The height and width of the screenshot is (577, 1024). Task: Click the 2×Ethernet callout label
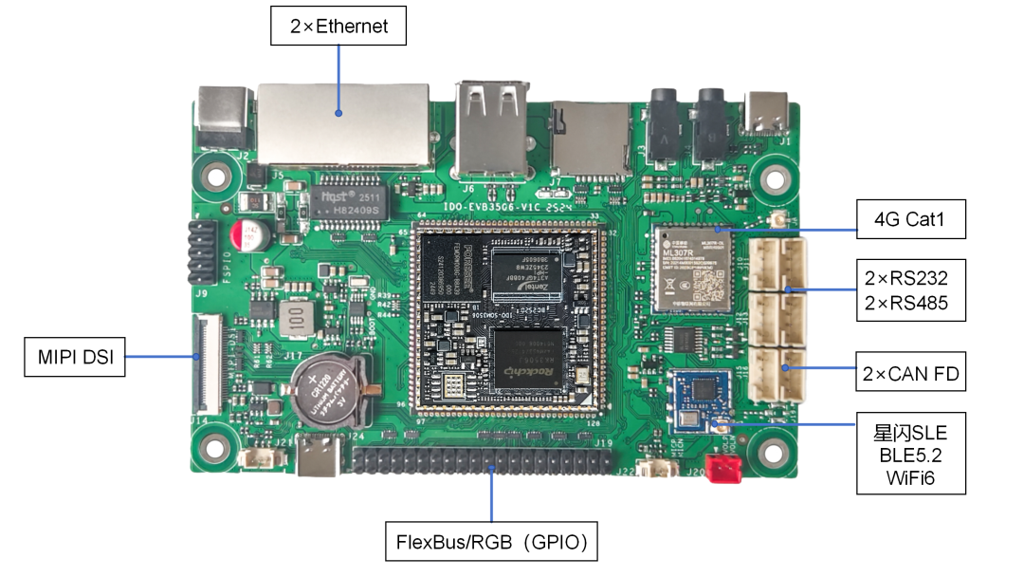(338, 26)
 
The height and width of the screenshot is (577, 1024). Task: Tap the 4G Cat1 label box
(910, 219)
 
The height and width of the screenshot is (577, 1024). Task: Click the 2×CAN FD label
(910, 373)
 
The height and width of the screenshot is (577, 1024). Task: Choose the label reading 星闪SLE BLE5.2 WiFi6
(910, 453)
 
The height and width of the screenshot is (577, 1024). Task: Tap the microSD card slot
(589, 138)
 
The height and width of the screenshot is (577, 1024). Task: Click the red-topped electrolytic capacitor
(251, 234)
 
